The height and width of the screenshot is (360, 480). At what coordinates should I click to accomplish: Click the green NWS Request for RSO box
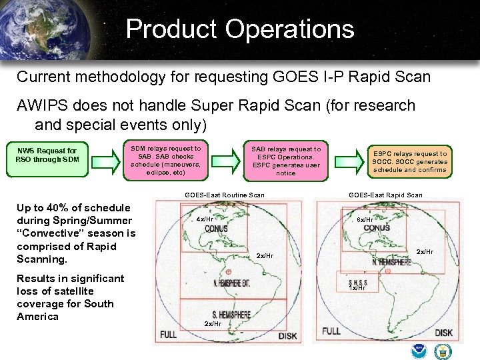point(47,155)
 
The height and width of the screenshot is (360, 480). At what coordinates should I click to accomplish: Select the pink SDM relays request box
point(166,161)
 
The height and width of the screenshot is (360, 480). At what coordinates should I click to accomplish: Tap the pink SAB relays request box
point(286,161)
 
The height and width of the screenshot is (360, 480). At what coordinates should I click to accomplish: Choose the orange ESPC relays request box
point(410,161)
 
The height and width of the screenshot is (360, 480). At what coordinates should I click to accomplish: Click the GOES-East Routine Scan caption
point(224,195)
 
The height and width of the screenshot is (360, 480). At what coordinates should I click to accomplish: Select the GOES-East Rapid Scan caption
point(385,195)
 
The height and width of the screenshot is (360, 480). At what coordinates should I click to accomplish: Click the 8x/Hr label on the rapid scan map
point(365,219)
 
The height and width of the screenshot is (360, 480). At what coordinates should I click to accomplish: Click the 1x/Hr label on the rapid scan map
point(358,288)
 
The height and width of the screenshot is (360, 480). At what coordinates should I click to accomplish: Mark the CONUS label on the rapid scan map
point(377,228)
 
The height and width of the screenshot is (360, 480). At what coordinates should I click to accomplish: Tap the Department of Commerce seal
point(442,352)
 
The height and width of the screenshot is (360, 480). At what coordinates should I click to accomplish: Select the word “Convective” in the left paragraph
point(45,233)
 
